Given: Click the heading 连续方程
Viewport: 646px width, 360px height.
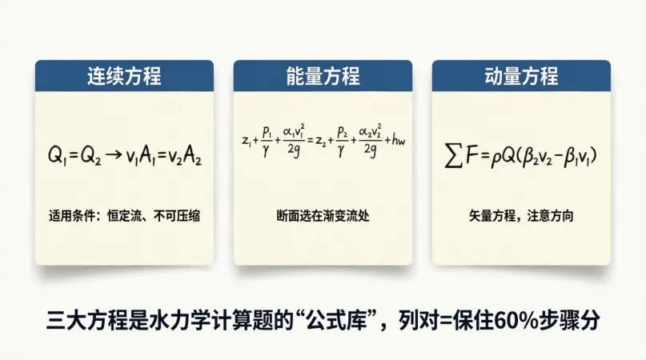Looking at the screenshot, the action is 124,76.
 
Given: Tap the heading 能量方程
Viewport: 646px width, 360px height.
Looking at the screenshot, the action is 323,76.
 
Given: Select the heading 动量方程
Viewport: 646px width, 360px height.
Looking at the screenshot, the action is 521,76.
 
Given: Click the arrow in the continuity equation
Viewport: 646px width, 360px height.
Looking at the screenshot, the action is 114,155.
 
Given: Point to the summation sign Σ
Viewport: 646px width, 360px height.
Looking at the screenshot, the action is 453,156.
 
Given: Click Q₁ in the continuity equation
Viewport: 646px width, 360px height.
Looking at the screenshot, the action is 58,156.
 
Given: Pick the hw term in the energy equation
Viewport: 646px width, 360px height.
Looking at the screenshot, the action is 399,140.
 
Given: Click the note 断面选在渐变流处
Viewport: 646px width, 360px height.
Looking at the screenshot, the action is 323,216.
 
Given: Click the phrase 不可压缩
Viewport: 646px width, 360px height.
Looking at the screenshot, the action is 177,216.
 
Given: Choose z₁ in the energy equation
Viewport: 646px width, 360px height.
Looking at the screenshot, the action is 247,142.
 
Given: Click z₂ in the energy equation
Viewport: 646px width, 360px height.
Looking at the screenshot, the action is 321,142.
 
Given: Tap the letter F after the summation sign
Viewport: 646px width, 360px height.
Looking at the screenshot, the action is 471,155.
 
